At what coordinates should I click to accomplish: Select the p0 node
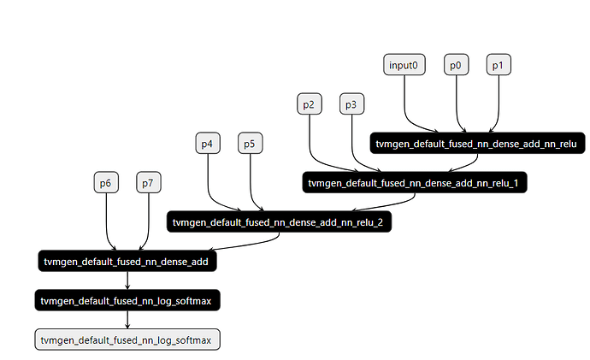pyautogui.click(x=457, y=65)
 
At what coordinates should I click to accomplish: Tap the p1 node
pyautogui.click(x=499, y=65)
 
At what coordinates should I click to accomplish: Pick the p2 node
pyautogui.click(x=309, y=104)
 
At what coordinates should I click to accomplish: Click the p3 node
pyautogui.click(x=351, y=104)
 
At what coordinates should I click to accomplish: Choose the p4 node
pyautogui.click(x=207, y=144)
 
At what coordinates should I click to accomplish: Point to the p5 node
pyautogui.click(x=249, y=144)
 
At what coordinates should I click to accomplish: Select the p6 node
pyautogui.click(x=105, y=182)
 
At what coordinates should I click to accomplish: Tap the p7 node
pyautogui.click(x=148, y=182)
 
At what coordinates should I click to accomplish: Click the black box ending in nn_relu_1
pyautogui.click(x=416, y=182)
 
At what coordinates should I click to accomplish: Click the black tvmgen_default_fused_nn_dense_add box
pyautogui.click(x=127, y=261)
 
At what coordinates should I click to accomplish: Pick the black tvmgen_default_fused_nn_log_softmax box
pyautogui.click(x=127, y=300)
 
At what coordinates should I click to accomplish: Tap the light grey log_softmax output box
pyautogui.click(x=127, y=339)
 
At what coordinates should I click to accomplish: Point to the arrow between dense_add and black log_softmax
pyautogui.click(x=127, y=280)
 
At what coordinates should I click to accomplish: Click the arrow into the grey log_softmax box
pyautogui.click(x=127, y=320)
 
